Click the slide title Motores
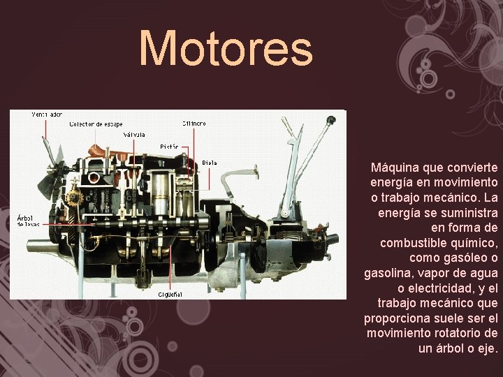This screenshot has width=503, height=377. pos(226,48)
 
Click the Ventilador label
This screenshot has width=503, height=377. pos(47,113)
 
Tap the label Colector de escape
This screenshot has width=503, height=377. pos(96,124)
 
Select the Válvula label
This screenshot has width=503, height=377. pos(133,134)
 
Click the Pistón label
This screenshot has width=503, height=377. pos(170,147)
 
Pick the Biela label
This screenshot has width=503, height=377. pos(209,163)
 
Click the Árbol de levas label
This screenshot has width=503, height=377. pos(29,220)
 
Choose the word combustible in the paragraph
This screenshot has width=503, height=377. pos(414,243)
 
